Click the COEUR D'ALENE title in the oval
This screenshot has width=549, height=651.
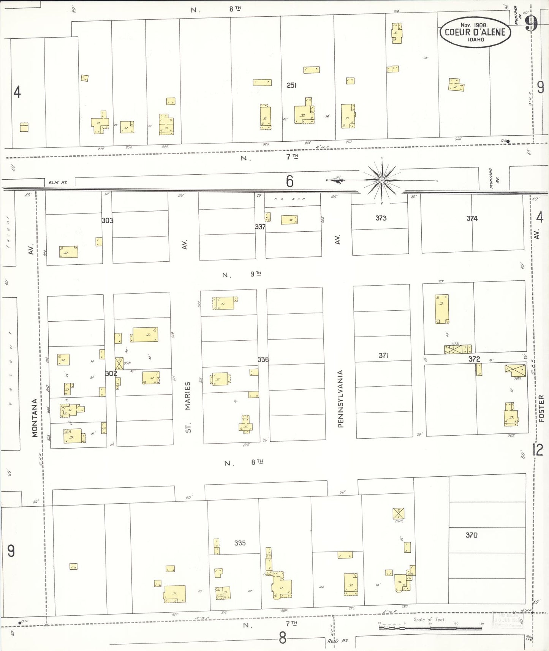pos(475,32)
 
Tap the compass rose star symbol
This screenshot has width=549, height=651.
pos(381,180)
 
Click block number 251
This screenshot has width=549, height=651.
pos(291,85)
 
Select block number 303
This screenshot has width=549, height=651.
pos(107,221)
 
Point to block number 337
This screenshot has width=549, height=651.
pos(260,227)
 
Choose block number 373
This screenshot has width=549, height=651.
pos(381,218)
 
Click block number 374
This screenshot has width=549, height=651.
pos(472,218)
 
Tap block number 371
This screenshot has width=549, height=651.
pos(383,356)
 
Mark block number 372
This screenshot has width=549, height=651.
pos(474,359)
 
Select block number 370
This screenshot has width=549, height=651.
pos(471,535)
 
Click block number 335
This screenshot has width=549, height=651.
pos(240,543)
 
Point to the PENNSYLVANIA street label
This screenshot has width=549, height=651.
pos(340,399)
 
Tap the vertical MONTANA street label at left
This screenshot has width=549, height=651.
pos(35,418)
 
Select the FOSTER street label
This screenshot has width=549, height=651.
pos(541,408)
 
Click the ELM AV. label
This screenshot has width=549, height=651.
pos(58,183)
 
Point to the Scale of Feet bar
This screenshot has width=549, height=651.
pos(430,628)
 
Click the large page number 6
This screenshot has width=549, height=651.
pos(290,182)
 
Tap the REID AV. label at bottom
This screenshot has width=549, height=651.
pos(338,641)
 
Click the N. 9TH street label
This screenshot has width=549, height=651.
pos(242,274)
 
